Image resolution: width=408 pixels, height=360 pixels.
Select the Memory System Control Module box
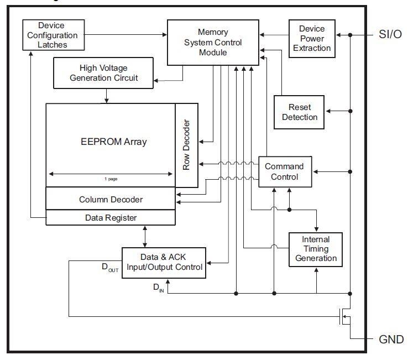(213, 42)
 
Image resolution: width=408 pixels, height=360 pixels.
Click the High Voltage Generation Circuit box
(103, 73)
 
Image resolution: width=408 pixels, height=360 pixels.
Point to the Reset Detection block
(300, 112)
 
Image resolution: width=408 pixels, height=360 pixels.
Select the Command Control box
(284, 171)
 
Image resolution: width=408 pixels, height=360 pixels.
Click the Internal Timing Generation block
(316, 249)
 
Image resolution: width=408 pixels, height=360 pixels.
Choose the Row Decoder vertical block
(186, 145)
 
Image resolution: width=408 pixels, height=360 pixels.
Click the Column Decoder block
(111, 199)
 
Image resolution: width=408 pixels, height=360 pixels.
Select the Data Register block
(111, 218)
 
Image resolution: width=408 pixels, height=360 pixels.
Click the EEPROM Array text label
(113, 142)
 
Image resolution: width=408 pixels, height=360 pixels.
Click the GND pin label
(391, 339)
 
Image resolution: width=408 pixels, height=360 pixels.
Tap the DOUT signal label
(109, 268)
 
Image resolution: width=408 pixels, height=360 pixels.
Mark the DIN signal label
(158, 287)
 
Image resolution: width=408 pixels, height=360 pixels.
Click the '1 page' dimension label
(111, 179)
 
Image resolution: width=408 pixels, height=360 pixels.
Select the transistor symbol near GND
(344, 316)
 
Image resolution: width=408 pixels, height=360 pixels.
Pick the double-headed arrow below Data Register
(145, 236)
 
